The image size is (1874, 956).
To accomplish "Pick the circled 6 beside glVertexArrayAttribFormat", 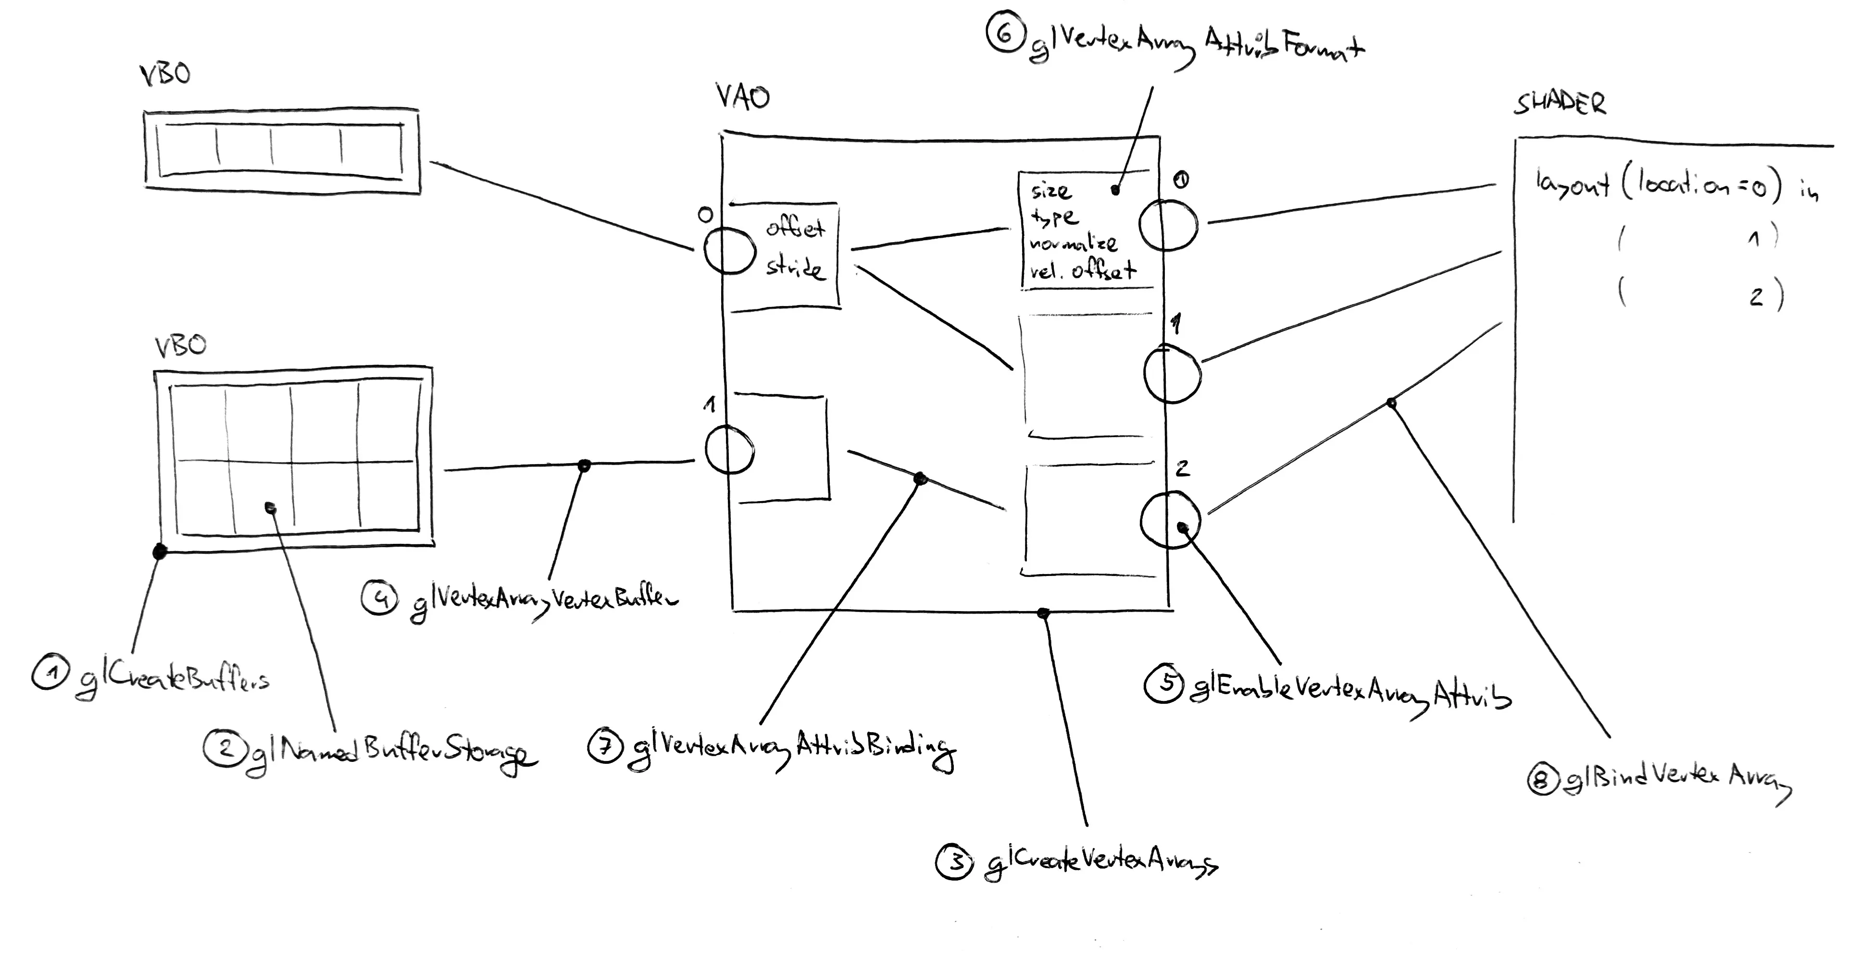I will tap(1005, 34).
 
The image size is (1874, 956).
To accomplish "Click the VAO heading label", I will tap(742, 97).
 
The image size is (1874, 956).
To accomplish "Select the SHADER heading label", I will tap(1560, 103).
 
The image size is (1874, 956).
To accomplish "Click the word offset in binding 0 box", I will tap(795, 228).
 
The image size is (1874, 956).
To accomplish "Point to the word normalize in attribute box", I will tap(1073, 244).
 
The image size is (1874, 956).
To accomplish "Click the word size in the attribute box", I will tap(1050, 191).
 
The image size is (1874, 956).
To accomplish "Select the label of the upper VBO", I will tap(165, 74).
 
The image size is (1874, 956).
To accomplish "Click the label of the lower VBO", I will tap(180, 345).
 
